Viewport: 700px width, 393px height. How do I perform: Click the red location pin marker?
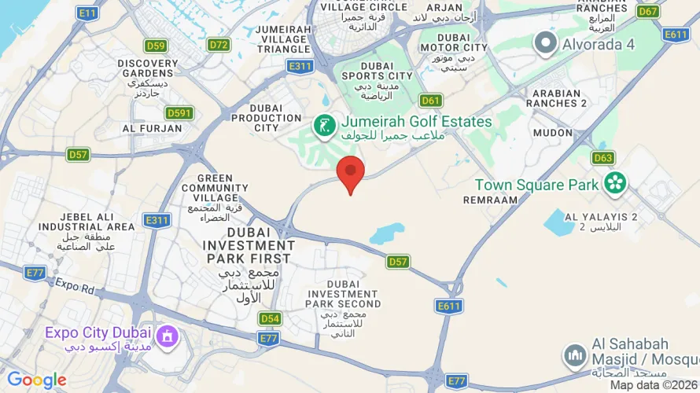(350, 171)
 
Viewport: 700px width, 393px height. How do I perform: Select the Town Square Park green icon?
(615, 184)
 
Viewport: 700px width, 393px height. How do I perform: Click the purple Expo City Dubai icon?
(167, 338)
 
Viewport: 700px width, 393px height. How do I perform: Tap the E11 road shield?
(87, 13)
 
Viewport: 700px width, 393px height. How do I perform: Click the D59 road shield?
(156, 46)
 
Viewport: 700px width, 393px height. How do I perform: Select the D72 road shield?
(219, 45)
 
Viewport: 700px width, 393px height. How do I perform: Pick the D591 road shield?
(179, 113)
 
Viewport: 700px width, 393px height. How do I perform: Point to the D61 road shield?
(430, 100)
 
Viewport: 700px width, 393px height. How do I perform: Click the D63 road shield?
(602, 158)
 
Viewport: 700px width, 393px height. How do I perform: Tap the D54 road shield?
(270, 318)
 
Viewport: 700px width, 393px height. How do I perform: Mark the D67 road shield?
(648, 11)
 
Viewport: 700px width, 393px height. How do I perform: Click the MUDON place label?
(553, 133)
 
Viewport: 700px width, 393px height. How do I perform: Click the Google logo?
(36, 380)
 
